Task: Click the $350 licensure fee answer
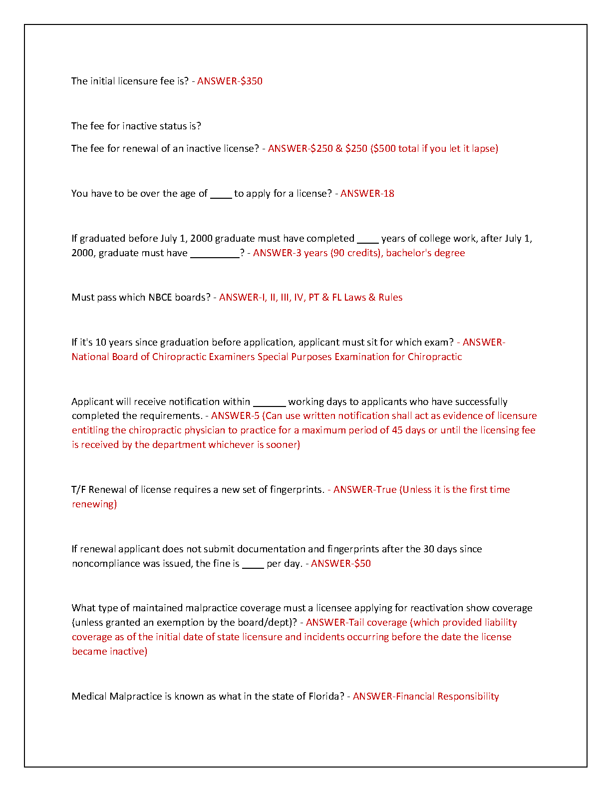tap(251, 81)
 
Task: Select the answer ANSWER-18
tap(367, 194)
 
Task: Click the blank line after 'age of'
tap(221, 196)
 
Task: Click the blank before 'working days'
tap(269, 404)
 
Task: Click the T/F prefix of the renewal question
tap(79, 490)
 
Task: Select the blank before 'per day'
tap(253, 566)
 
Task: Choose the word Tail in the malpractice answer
tap(356, 623)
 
